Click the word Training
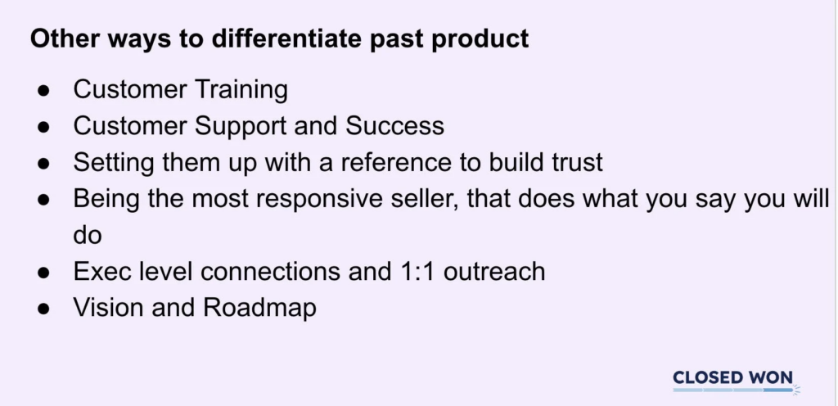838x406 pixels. (x=241, y=90)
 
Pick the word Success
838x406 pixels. (x=394, y=126)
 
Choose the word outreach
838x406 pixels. (x=494, y=272)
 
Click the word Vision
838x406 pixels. (x=109, y=308)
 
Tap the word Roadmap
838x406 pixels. (x=259, y=309)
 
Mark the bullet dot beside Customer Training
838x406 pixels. (x=44, y=90)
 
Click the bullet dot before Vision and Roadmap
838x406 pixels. (x=44, y=309)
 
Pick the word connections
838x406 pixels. (x=270, y=272)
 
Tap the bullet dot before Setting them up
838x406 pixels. (x=44, y=164)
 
